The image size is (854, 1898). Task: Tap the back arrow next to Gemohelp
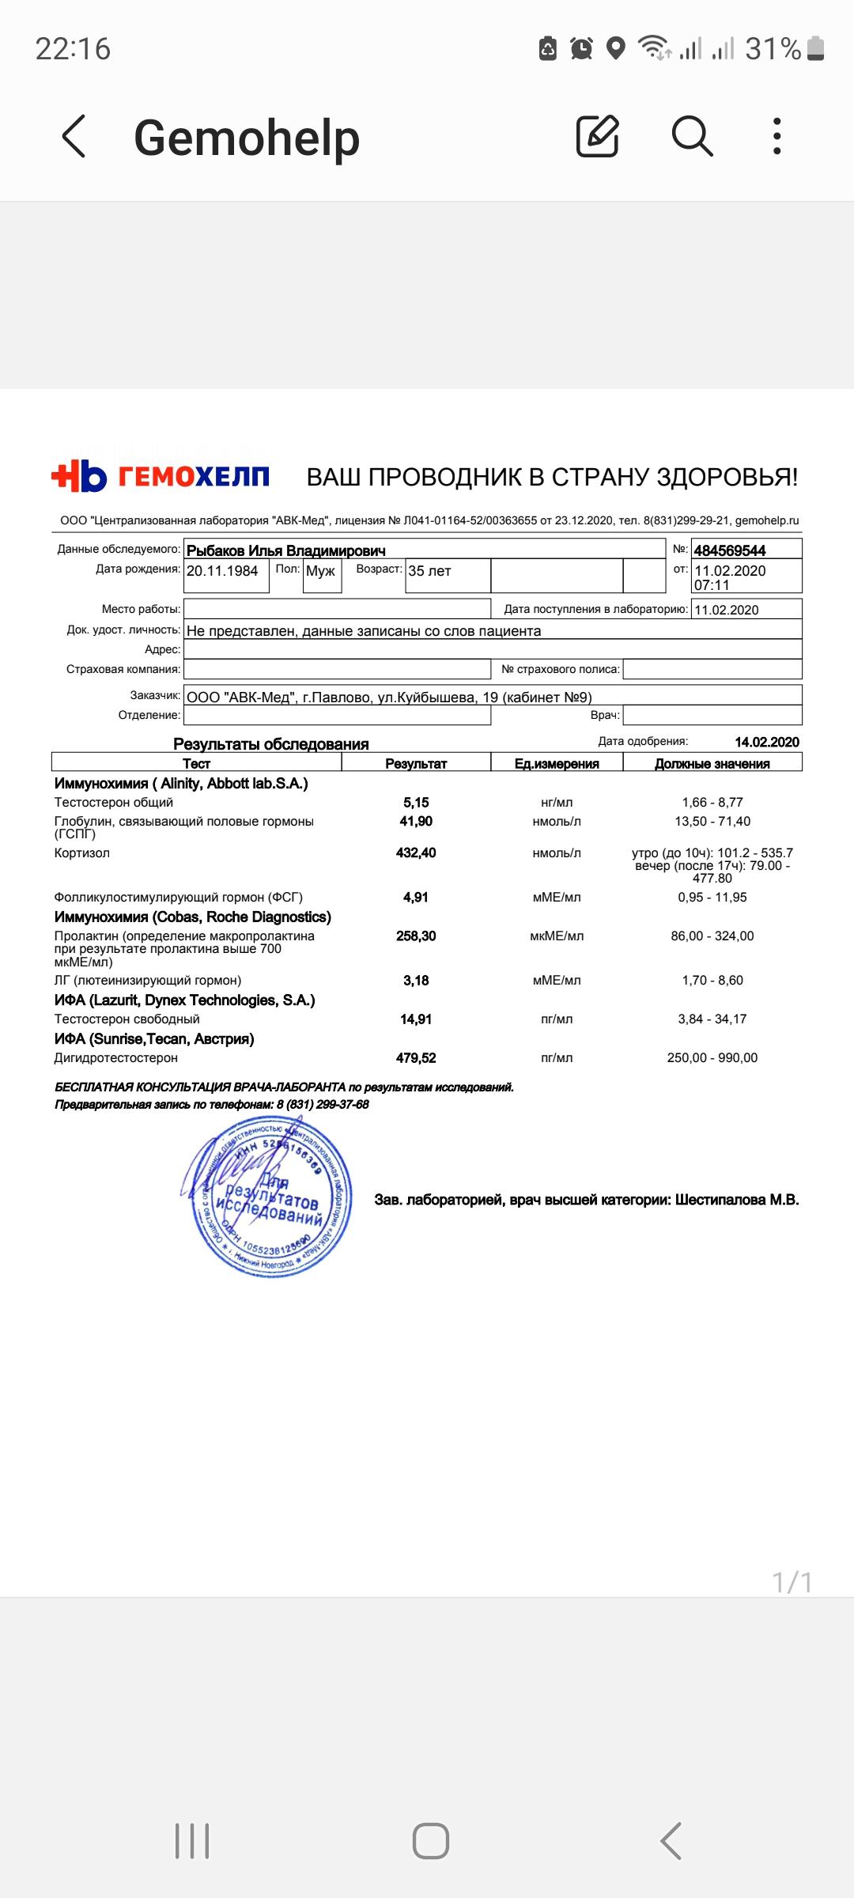point(74,136)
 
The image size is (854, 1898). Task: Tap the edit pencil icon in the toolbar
point(597,136)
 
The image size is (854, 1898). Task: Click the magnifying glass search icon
point(692,136)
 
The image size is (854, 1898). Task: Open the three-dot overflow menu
point(777,136)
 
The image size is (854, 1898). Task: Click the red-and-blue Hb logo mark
point(79,476)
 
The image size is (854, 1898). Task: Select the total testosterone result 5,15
point(416,802)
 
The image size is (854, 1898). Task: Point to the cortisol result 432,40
point(416,853)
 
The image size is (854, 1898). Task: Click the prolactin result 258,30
point(416,936)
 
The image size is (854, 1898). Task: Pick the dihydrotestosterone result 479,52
point(416,1057)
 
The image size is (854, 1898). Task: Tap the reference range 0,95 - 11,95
point(712,897)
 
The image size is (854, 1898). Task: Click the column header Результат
point(416,763)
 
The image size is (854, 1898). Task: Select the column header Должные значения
point(712,763)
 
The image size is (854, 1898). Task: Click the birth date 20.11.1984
point(222,571)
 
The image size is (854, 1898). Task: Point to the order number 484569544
point(730,550)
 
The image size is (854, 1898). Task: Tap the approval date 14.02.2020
point(767,742)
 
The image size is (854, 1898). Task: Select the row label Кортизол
point(82,853)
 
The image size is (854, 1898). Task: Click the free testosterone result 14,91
point(416,1019)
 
